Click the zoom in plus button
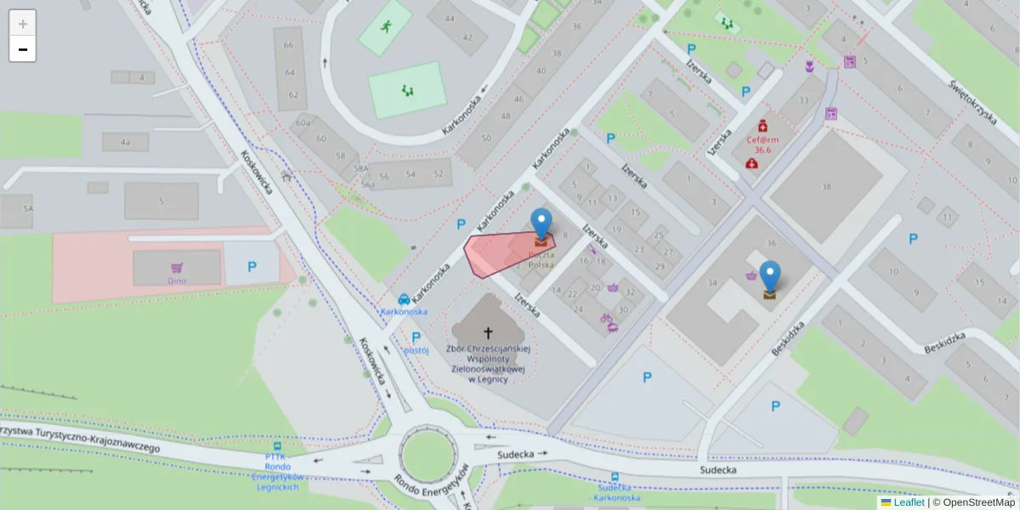(22, 23)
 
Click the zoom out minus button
(22, 49)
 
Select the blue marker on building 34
(770, 277)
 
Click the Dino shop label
(177, 280)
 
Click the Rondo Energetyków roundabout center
(424, 456)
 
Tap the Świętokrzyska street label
(972, 101)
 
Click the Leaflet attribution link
(909, 502)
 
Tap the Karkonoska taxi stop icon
(404, 299)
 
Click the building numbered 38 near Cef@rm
(826, 186)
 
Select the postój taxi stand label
(416, 349)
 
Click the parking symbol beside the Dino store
(252, 267)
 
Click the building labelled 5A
(28, 208)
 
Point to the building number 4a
(126, 142)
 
